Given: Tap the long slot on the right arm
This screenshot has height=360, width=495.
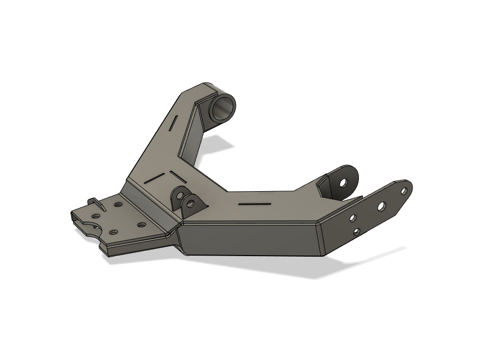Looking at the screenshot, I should [255, 204].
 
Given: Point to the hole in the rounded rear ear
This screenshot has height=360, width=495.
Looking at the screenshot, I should [343, 182].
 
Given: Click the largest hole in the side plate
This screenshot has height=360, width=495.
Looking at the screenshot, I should [381, 206].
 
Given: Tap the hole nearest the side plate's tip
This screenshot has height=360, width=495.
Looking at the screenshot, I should [403, 191].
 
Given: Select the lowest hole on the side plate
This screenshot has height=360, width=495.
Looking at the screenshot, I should [356, 231].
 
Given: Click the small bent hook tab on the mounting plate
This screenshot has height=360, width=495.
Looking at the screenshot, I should [96, 203].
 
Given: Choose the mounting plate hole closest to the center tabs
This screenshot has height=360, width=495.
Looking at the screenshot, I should [140, 225].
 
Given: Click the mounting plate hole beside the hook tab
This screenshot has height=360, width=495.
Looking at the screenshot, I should [118, 205].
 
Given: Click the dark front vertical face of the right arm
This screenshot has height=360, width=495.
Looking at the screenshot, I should [249, 238].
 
